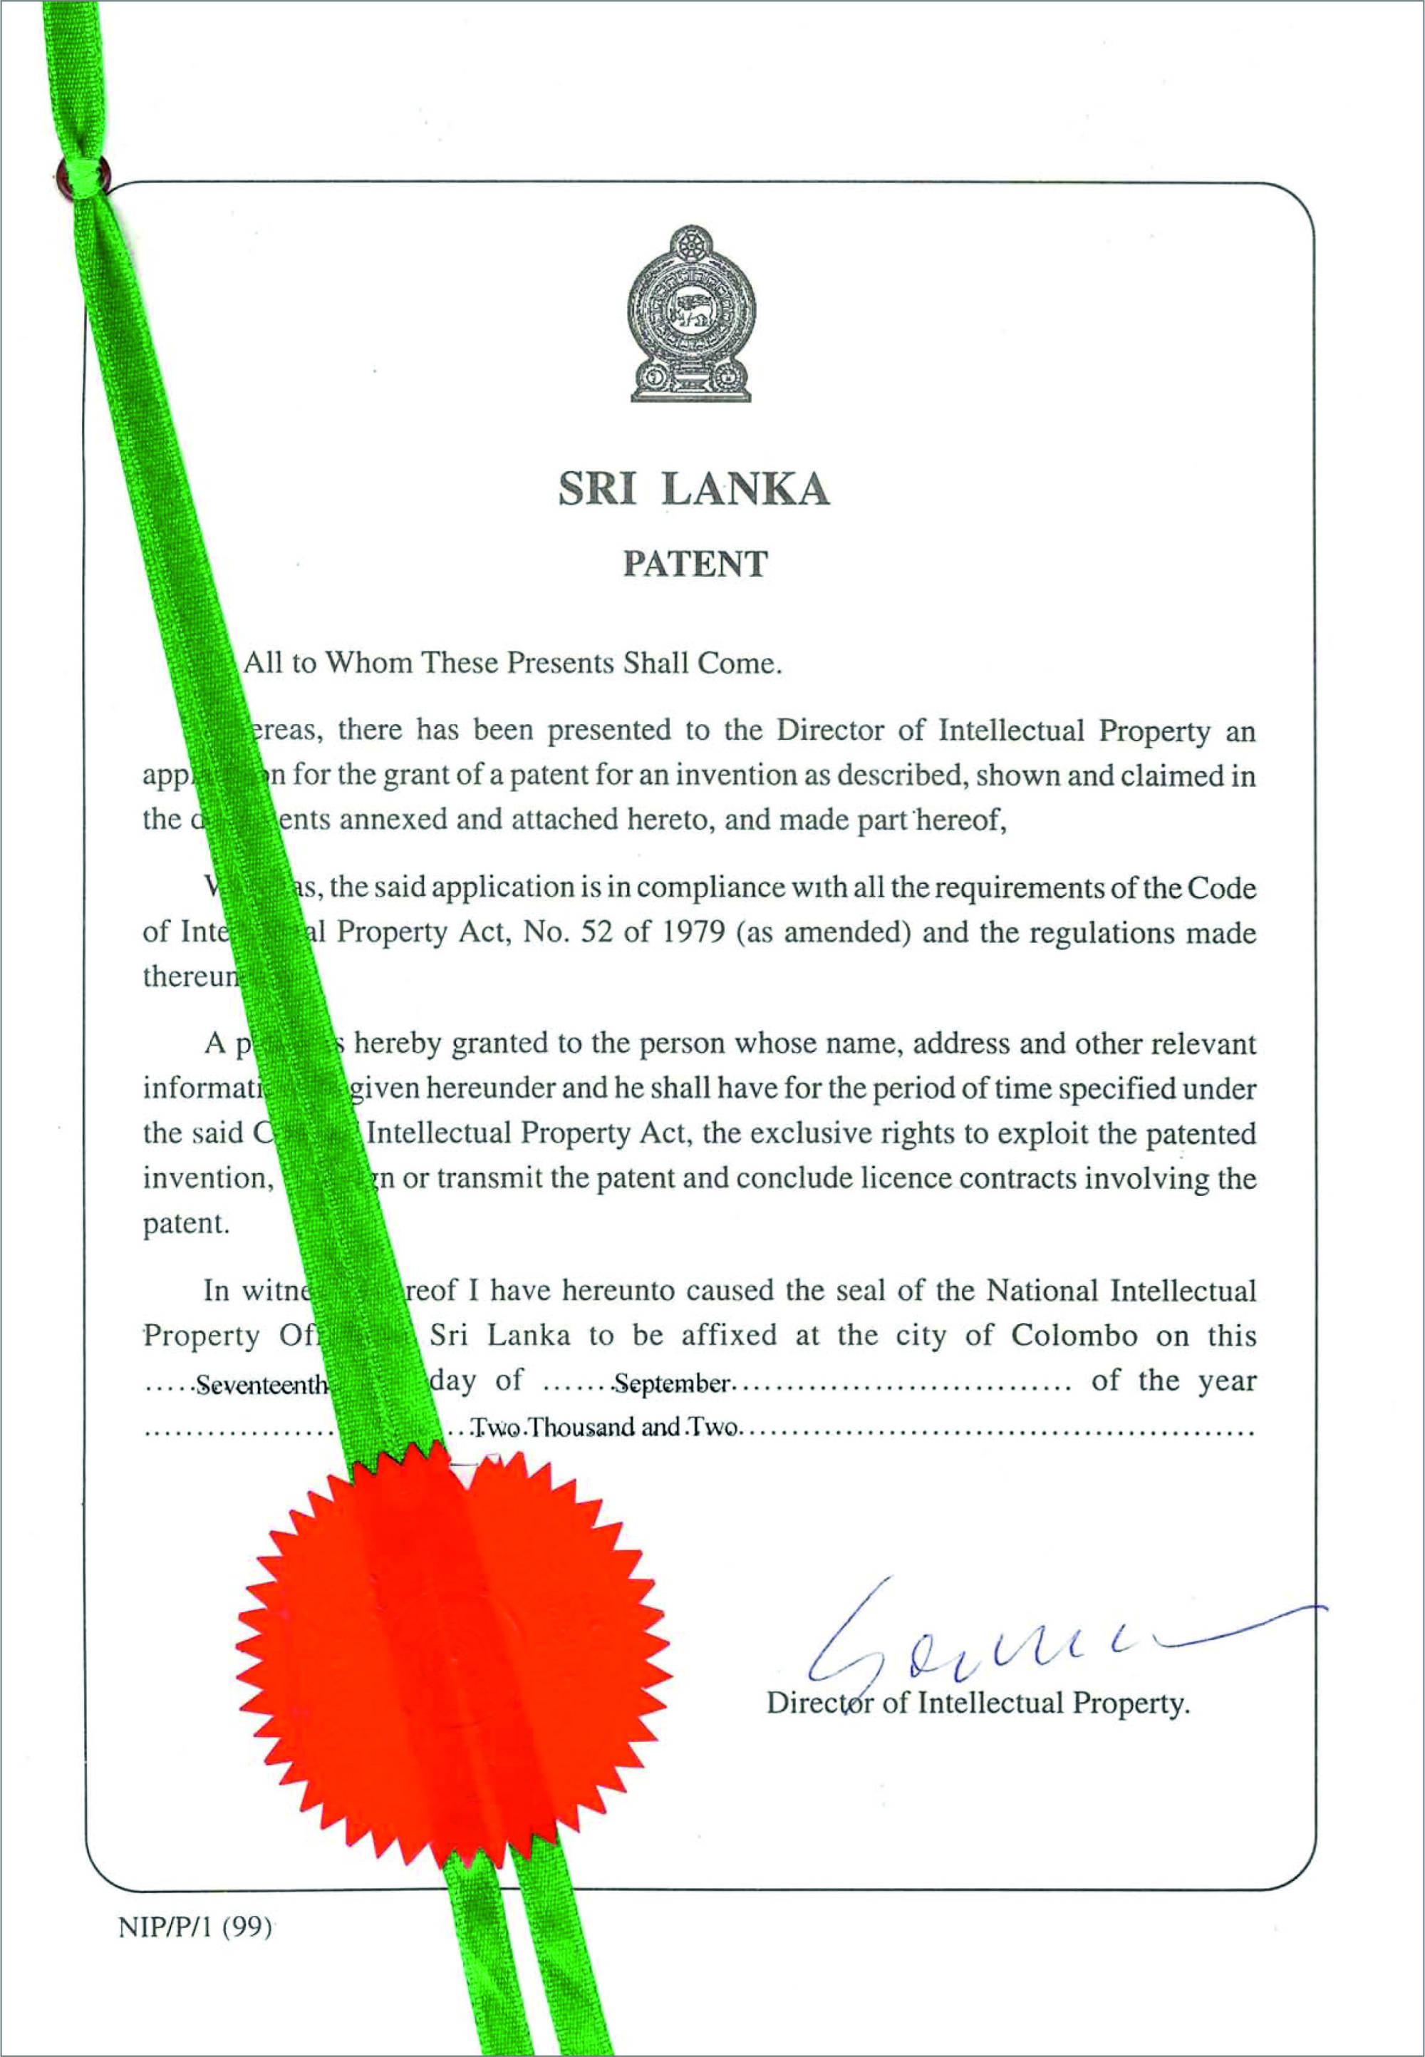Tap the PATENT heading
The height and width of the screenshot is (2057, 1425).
pos(695,564)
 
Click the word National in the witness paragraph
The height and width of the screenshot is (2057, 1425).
pos(1042,1291)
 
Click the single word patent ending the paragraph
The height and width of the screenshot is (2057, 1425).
pos(187,1224)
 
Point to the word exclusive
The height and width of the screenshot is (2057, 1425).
pos(786,1133)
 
